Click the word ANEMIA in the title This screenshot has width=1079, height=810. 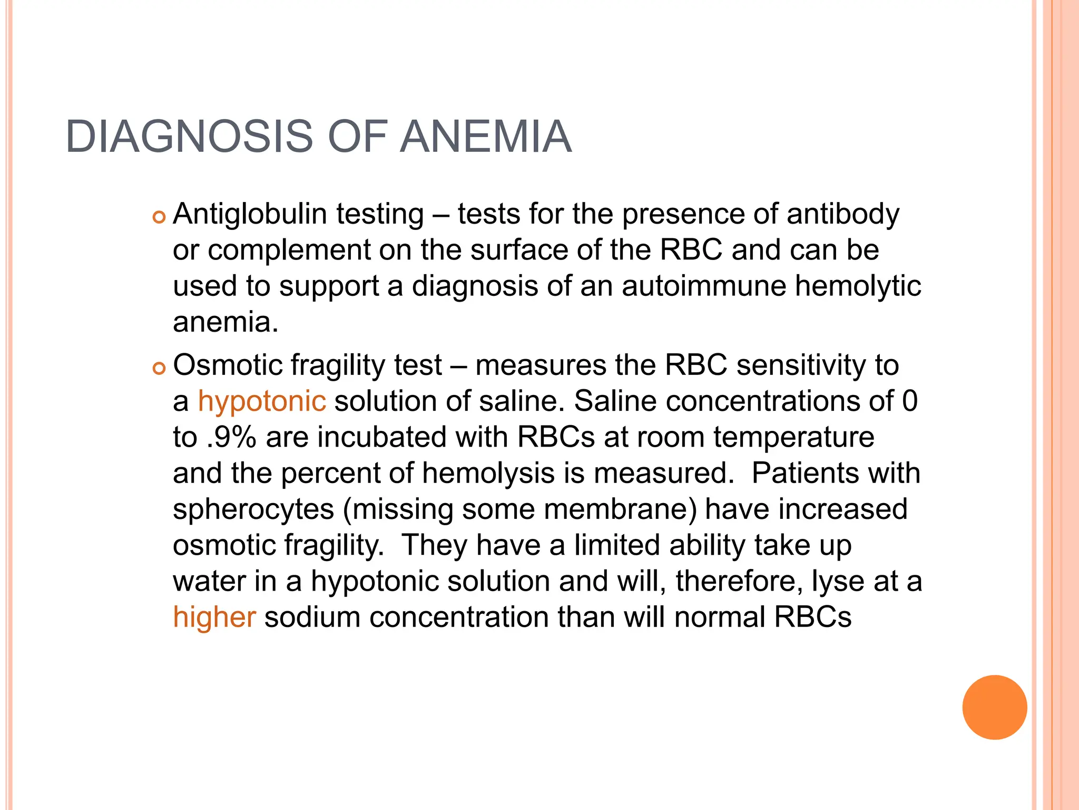(485, 137)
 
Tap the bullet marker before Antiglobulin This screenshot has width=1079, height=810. (159, 217)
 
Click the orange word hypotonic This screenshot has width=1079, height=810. (262, 401)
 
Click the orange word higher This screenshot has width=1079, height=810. (214, 617)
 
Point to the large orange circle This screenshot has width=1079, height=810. (994, 707)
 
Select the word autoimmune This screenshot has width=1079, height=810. (703, 286)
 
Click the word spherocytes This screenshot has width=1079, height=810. (253, 509)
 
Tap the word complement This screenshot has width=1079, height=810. (289, 250)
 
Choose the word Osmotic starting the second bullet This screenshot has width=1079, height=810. (227, 365)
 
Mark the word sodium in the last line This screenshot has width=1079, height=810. (312, 617)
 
